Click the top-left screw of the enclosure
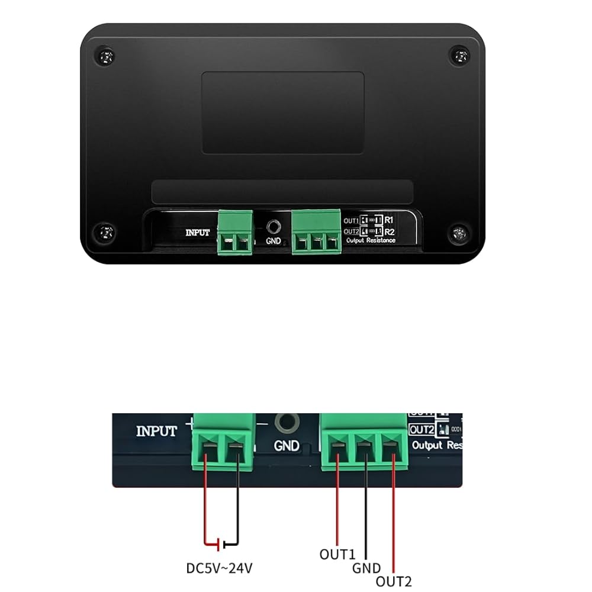click(x=105, y=57)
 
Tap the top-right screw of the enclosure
click(x=459, y=56)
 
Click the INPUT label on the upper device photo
click(x=198, y=232)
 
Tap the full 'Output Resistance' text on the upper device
click(x=371, y=240)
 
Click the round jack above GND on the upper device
click(x=274, y=226)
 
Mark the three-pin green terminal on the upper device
click(x=316, y=232)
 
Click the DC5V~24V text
click(x=219, y=568)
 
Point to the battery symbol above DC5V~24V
click(x=221, y=542)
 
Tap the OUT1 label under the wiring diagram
click(x=337, y=555)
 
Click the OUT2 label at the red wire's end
click(x=394, y=582)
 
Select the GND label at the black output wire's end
click(x=366, y=568)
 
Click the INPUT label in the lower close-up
click(x=156, y=431)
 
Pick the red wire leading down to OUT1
click(x=338, y=503)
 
